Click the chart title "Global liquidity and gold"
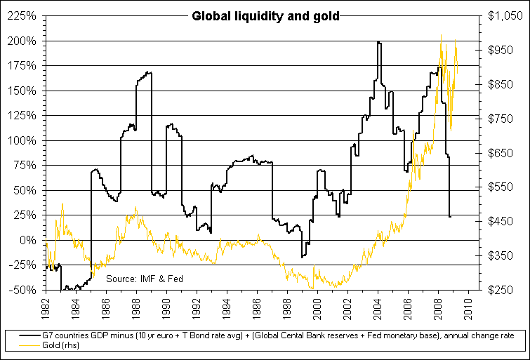tap(265, 16)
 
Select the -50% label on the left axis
tap(23, 290)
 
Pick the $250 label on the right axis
tap(502, 290)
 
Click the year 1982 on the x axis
tap(46, 307)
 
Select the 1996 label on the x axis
tap(258, 307)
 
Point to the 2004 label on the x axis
tap(379, 307)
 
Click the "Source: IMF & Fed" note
tap(145, 279)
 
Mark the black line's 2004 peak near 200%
tap(379, 42)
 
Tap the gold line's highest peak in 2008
tap(441, 34)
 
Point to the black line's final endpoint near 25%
tap(450, 216)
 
